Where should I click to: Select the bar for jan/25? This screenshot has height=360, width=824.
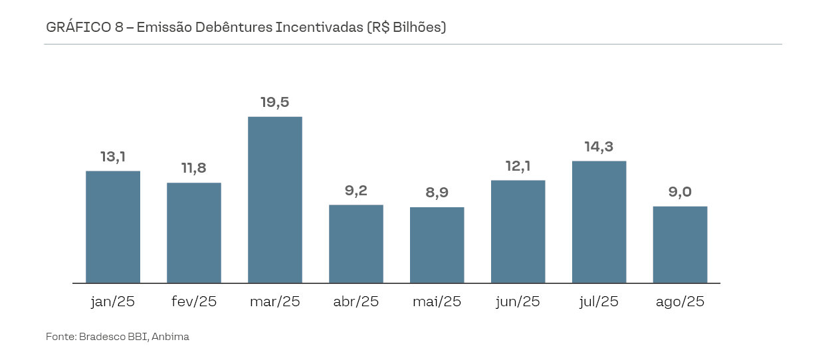[x=113, y=227]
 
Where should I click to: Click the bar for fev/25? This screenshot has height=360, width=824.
[x=194, y=233]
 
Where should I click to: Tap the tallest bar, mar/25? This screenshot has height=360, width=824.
[x=275, y=200]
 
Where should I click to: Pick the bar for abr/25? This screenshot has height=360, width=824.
[x=356, y=244]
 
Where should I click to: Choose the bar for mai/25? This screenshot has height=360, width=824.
[x=437, y=245]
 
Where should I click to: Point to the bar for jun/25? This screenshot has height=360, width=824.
[x=518, y=232]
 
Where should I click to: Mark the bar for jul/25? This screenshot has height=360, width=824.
[x=599, y=222]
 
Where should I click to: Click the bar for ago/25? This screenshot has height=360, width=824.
[x=680, y=244]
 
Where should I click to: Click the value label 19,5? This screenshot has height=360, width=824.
[x=275, y=102]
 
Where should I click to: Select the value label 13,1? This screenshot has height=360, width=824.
[x=113, y=157]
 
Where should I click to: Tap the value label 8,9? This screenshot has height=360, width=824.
[x=437, y=193]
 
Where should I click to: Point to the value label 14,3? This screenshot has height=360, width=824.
[x=599, y=147]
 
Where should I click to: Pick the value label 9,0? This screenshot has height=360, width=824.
[x=680, y=192]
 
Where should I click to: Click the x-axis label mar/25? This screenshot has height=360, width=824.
[x=275, y=302]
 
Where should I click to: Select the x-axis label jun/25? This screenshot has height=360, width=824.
[x=518, y=302]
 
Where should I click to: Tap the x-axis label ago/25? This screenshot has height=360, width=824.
[x=680, y=302]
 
